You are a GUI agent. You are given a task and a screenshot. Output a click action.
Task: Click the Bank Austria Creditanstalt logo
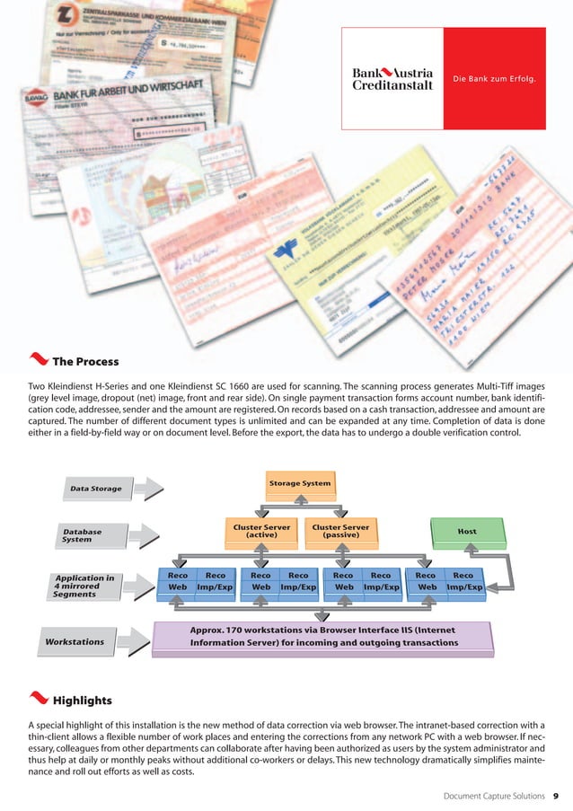point(392,78)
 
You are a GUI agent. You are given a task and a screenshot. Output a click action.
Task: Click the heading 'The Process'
point(85,362)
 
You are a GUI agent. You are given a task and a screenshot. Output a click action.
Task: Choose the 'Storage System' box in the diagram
point(300,484)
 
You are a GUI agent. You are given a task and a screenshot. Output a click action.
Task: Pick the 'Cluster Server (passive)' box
point(340,531)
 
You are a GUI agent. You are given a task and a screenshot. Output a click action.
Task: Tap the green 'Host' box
point(467,532)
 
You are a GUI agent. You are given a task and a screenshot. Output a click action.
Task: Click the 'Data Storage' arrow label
point(96,489)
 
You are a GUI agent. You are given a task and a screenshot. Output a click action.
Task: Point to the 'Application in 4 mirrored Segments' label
point(84,586)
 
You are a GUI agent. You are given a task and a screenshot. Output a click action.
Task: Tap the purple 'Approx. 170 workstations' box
point(323,637)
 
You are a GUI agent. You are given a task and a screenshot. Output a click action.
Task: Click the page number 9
point(556,796)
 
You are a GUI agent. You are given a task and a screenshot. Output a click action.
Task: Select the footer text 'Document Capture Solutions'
point(495,796)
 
